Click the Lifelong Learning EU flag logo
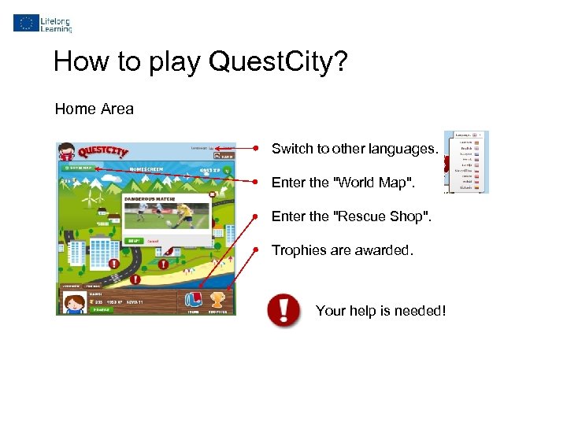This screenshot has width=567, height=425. click(25, 23)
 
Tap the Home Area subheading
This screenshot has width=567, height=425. click(94, 109)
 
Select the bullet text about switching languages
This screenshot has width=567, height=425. click(354, 149)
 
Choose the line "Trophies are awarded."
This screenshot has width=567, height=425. click(343, 250)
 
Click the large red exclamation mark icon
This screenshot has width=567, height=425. click(283, 310)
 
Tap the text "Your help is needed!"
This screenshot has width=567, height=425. click(380, 311)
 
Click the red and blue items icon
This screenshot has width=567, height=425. click(193, 299)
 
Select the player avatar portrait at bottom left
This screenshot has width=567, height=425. click(74, 301)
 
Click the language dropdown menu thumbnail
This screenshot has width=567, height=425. click(465, 162)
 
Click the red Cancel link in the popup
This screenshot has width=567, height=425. click(154, 241)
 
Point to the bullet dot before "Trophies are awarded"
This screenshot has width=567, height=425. click(256, 250)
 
